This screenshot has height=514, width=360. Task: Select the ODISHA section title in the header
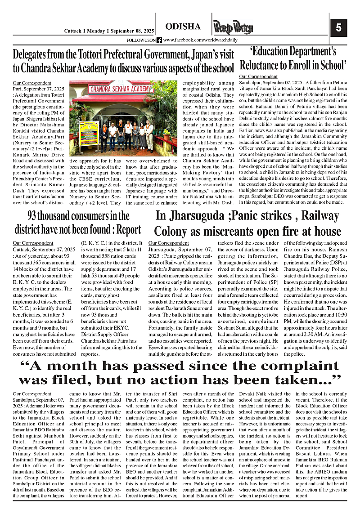tap(183, 27)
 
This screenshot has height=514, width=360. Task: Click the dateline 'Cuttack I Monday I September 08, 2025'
tap(108, 31)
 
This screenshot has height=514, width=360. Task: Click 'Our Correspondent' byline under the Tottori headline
tap(32, 83)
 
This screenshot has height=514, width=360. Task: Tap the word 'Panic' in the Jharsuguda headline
tap(248, 216)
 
